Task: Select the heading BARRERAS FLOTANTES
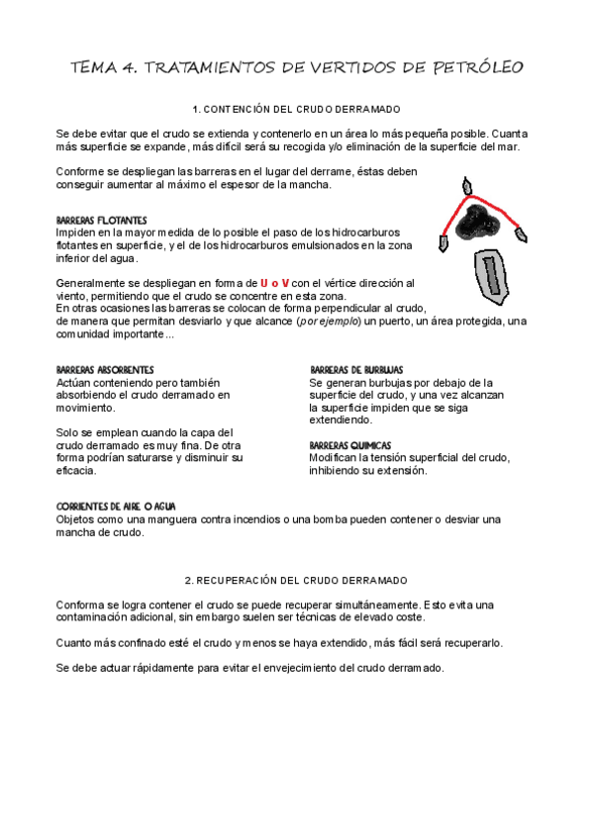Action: tap(102, 219)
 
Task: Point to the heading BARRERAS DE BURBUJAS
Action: tap(356, 369)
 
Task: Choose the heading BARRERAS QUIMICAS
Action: tap(350, 445)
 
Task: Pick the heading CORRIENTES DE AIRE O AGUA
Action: tap(116, 507)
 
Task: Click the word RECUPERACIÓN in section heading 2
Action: tap(250, 580)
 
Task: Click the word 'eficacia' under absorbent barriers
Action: tap(76, 483)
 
